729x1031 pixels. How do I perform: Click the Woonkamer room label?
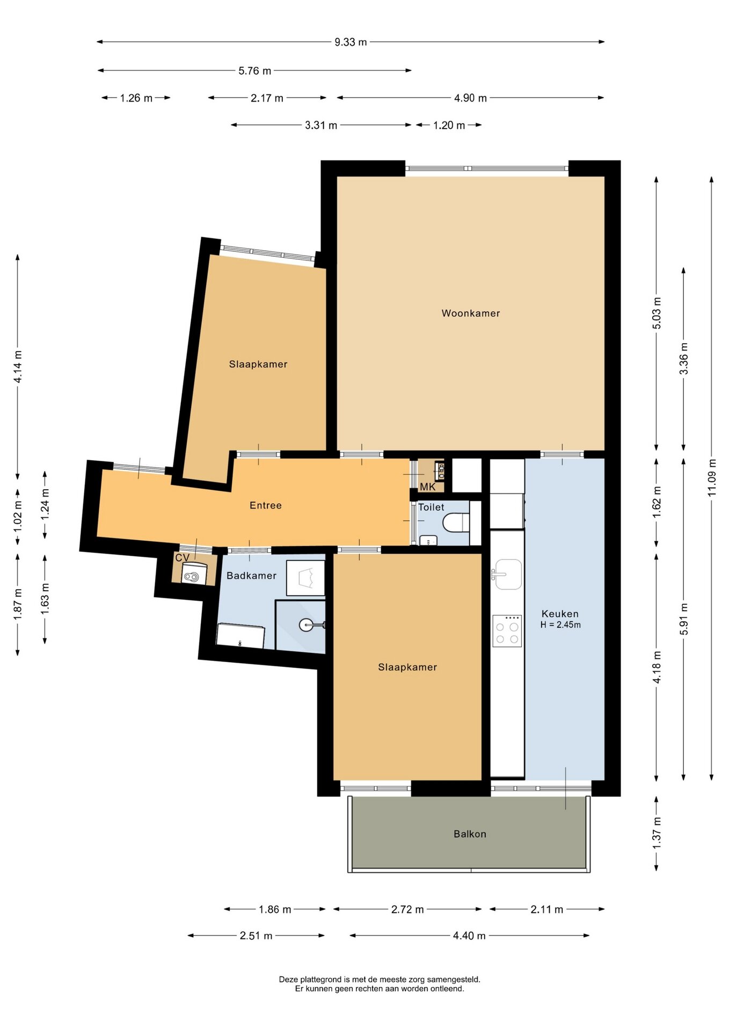click(x=470, y=313)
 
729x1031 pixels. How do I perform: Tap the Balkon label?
click(x=470, y=834)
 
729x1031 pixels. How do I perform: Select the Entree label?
click(x=266, y=505)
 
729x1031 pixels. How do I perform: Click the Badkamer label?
click(x=251, y=576)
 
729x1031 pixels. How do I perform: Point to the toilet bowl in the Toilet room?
click(x=456, y=522)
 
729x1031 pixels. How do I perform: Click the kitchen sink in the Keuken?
click(x=507, y=574)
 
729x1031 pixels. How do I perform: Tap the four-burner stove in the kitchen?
click(x=507, y=631)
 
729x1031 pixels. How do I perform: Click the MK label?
click(x=428, y=487)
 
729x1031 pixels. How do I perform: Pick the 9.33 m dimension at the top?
click(x=351, y=42)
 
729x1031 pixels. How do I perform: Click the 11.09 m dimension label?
click(x=712, y=477)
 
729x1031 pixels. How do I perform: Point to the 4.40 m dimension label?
click(x=469, y=935)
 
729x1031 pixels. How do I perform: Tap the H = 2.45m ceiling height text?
click(x=560, y=625)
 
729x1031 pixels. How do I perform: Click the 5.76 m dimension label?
click(x=254, y=70)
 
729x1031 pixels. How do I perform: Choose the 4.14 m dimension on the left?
click(x=18, y=367)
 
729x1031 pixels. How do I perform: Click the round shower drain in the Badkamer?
click(x=305, y=625)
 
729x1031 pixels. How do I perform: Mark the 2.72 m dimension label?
click(x=407, y=909)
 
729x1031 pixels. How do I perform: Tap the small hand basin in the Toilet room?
click(x=428, y=540)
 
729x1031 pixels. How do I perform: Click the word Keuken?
click(x=560, y=614)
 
